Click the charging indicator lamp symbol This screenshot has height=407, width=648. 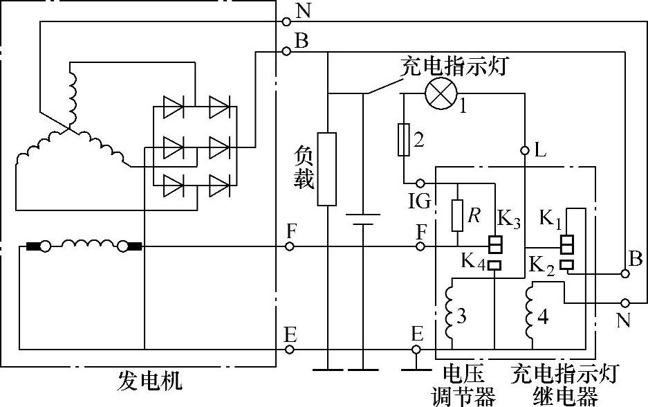438,94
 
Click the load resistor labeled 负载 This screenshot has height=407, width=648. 326,169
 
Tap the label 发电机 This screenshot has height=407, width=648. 149,380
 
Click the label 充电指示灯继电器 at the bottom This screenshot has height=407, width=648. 564,384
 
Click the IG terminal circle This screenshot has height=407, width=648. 420,183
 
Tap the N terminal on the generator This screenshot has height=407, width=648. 286,21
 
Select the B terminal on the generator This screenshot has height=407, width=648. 286,51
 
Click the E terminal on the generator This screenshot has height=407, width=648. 290,349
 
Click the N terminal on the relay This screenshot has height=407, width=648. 626,302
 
